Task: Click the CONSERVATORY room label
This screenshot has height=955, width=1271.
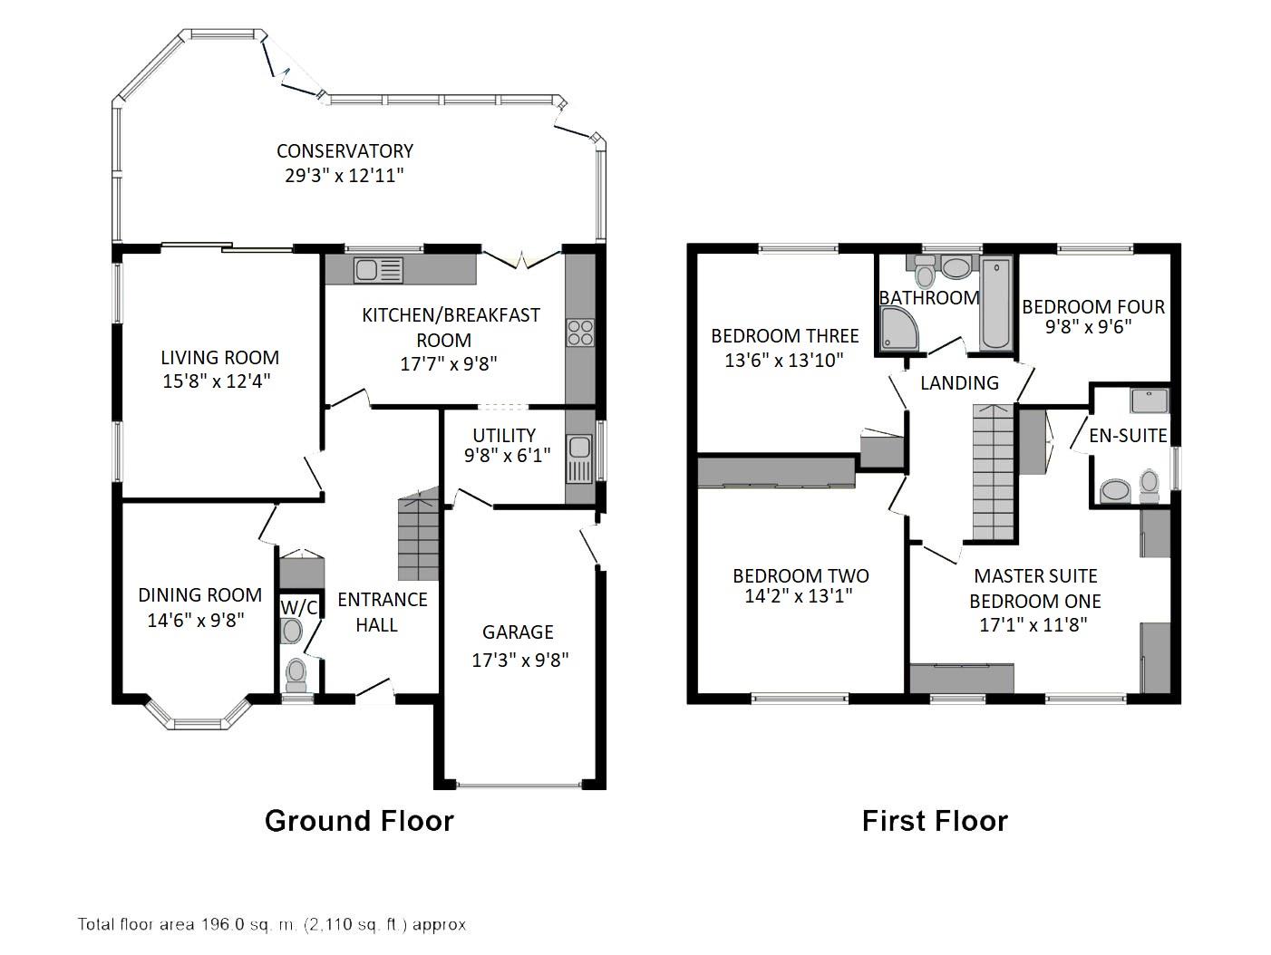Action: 344,151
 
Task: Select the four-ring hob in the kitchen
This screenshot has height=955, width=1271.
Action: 580,333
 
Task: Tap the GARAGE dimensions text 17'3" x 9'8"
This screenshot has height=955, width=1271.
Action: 519,660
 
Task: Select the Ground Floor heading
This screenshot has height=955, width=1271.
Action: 359,821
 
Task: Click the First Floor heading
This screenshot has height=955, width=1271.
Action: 935,821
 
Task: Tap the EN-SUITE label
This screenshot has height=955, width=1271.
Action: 1128,435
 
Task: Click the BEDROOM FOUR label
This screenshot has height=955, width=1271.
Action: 1093,307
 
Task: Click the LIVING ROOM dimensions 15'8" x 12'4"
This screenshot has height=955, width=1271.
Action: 217,381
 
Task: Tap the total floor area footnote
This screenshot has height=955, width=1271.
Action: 272,925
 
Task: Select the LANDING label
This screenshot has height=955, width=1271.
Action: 959,383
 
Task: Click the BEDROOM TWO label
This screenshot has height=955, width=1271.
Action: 800,576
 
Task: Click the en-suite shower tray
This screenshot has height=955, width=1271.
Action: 1150,400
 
